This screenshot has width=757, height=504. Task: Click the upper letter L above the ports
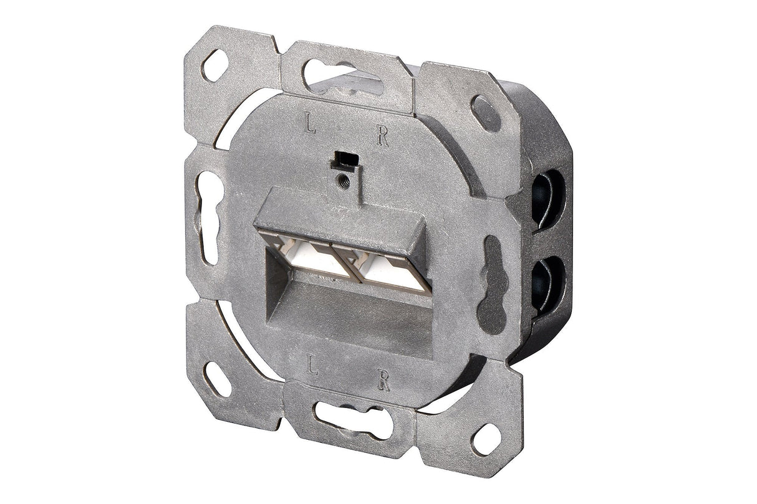point(310,125)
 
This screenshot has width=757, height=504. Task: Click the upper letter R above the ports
point(382,137)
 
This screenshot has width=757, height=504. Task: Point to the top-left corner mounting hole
point(215,64)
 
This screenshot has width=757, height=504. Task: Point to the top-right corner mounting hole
point(485,113)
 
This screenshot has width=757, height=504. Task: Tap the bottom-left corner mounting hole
point(217,378)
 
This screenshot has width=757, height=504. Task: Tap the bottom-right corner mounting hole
point(485,439)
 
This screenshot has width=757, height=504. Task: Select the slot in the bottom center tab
point(353,419)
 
